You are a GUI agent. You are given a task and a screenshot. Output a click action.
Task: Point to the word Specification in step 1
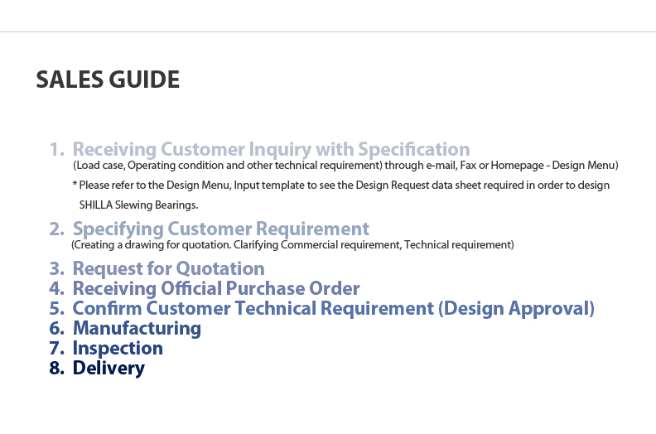point(414,150)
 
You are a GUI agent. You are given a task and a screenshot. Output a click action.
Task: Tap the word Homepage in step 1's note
point(517,166)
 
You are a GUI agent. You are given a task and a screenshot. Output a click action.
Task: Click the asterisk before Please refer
point(75,184)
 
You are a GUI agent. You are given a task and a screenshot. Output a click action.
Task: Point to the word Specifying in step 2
point(118,229)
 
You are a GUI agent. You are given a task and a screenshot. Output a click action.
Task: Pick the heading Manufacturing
point(137,329)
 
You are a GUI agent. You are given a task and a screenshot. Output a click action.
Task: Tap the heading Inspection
point(118,349)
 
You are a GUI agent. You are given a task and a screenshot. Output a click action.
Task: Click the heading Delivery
point(109,369)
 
